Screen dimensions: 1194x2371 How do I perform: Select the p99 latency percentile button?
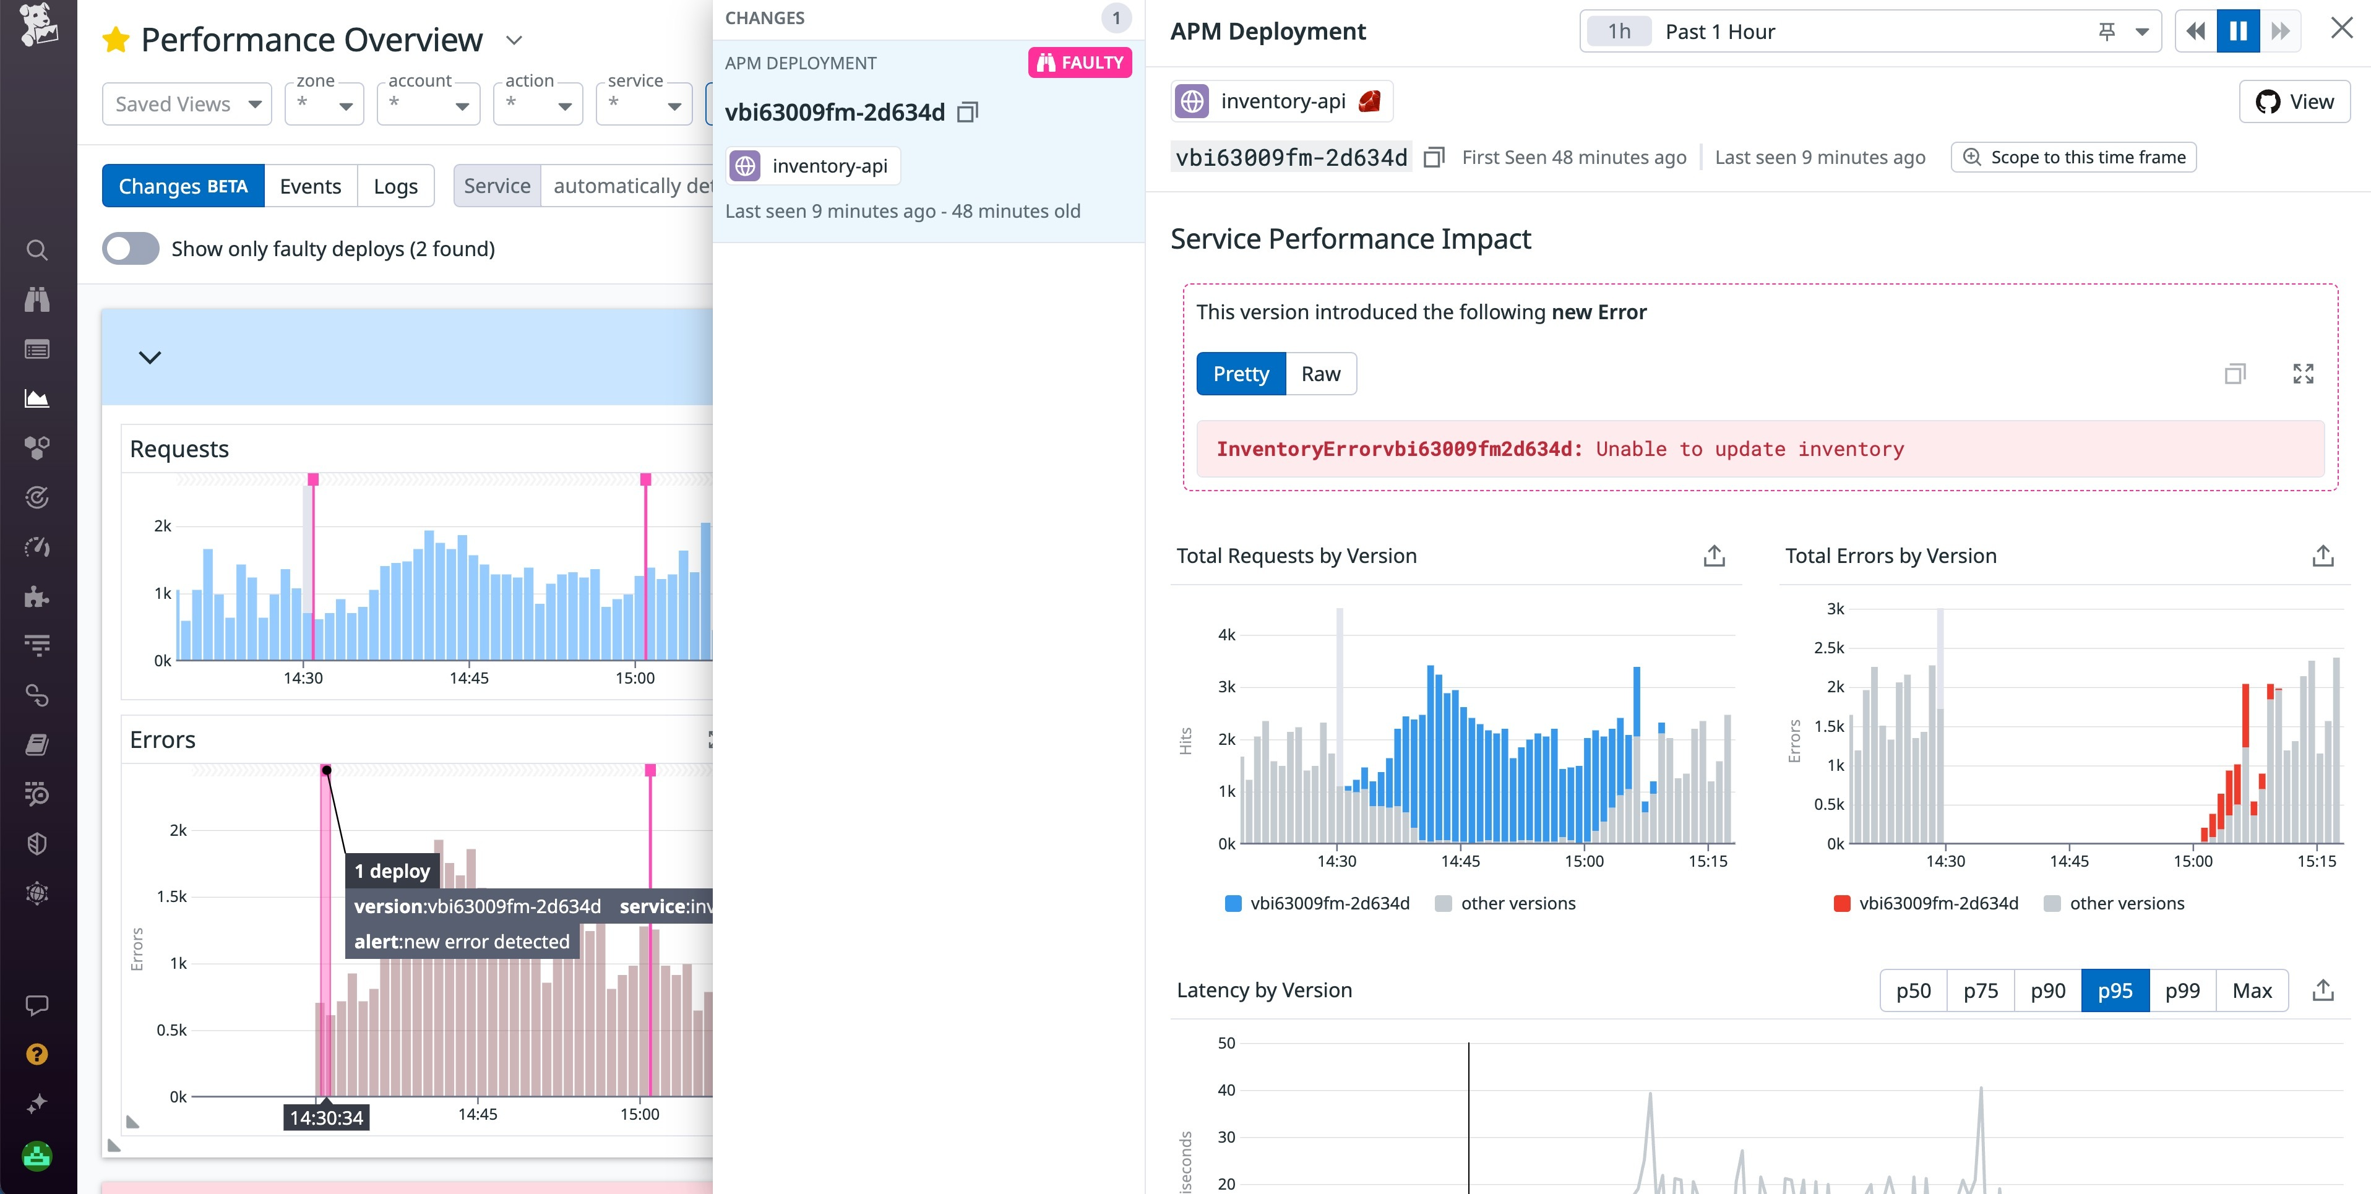tap(2182, 990)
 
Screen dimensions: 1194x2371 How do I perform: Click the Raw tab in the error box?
tap(1320, 374)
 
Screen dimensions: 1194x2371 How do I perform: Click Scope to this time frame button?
tap(2074, 157)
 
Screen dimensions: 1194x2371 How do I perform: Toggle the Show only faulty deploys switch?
tap(131, 249)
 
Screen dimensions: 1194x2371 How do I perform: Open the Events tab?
tap(310, 186)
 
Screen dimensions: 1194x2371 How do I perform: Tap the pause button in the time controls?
tap(2237, 32)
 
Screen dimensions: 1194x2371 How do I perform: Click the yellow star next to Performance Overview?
tap(116, 40)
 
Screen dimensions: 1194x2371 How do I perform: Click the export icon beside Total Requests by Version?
tap(1713, 556)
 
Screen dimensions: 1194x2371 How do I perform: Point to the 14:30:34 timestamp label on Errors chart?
tap(326, 1117)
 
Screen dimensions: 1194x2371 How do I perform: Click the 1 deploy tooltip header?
tap(392, 871)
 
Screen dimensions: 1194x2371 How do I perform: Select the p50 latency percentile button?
tap(1913, 990)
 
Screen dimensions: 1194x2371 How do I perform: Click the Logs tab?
tap(396, 186)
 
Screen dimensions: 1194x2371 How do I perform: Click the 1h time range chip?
tap(1619, 32)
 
